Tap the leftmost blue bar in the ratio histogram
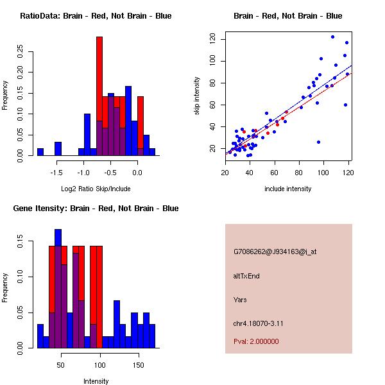point(40,151)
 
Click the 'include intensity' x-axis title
point(288,189)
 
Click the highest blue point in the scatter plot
point(332,37)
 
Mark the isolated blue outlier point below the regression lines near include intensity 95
point(318,142)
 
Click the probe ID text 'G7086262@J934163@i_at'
point(275,252)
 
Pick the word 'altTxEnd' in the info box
point(246,276)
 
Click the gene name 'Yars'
point(241,300)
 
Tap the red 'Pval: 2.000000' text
point(259,341)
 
